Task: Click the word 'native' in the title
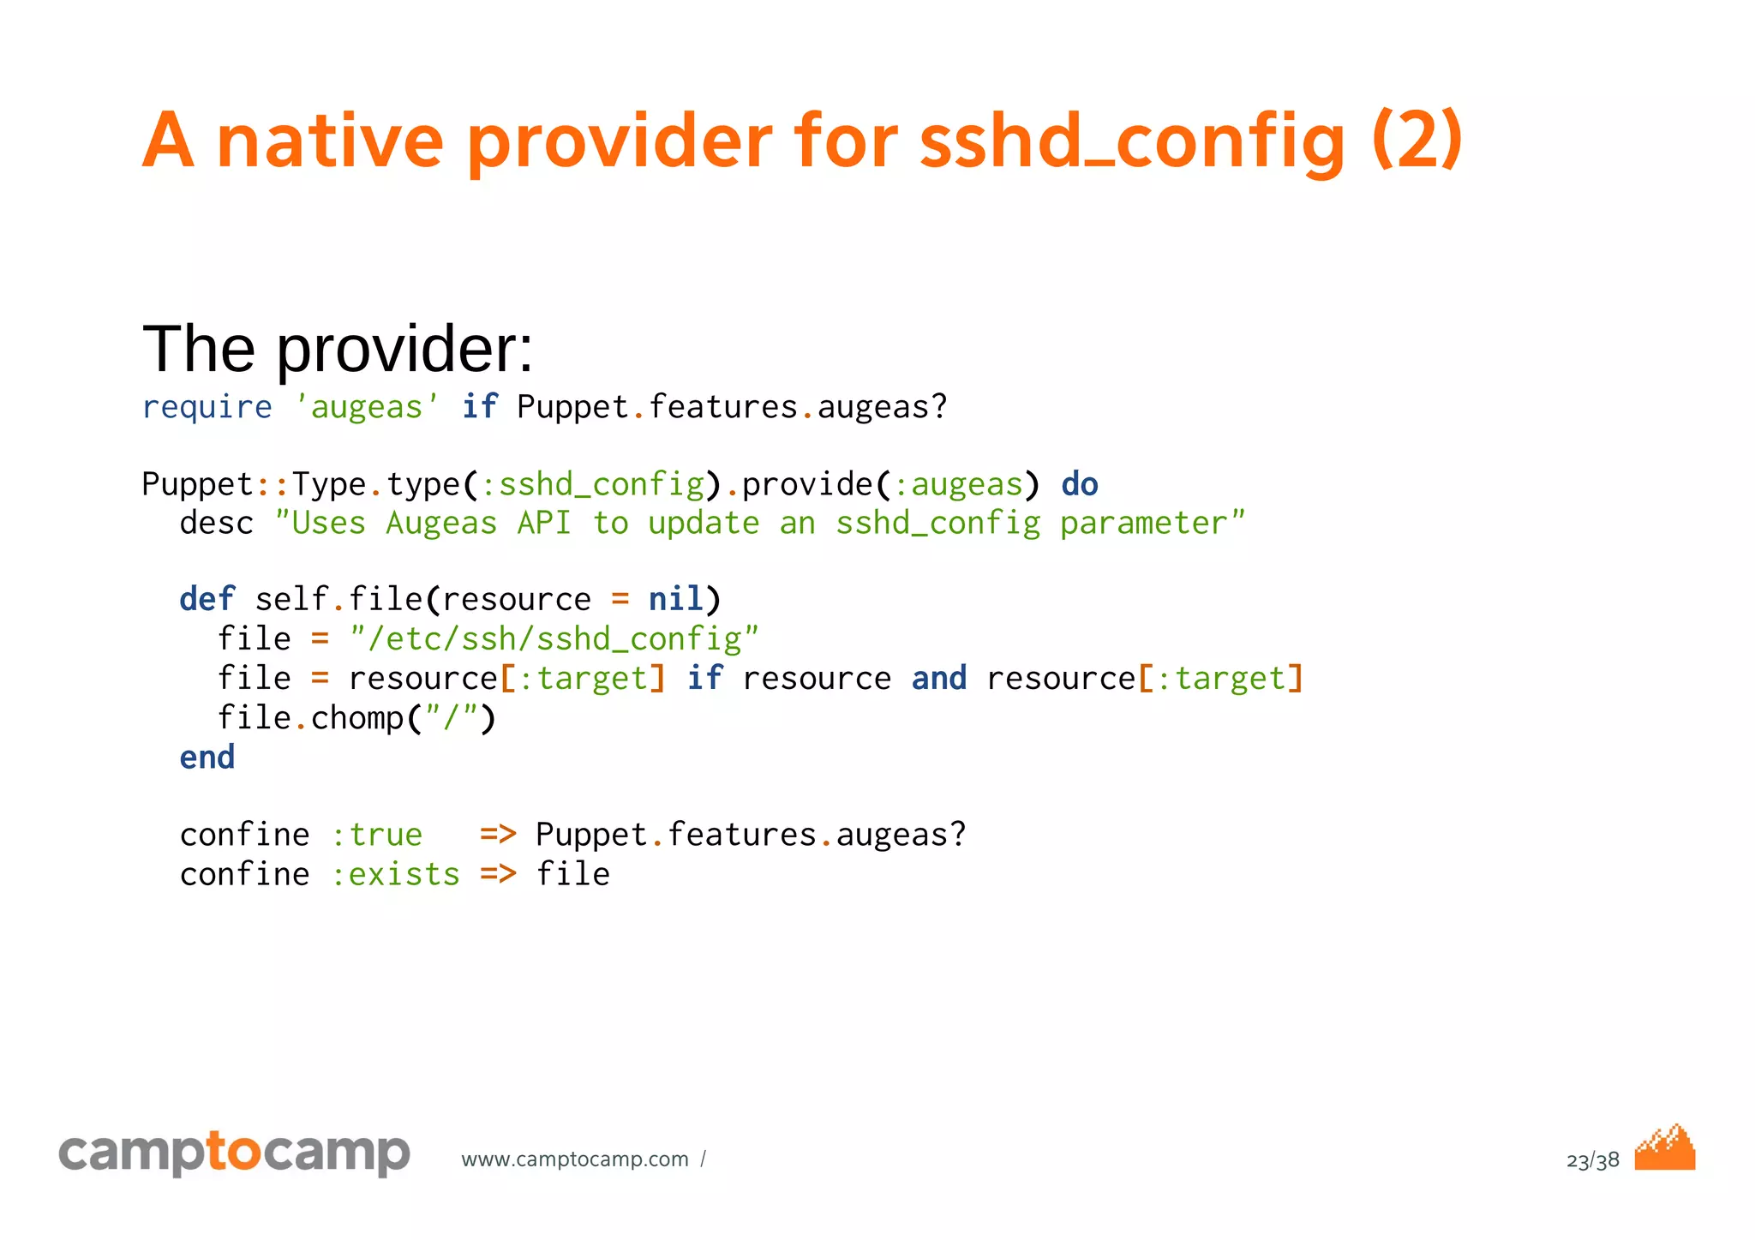[x=330, y=141]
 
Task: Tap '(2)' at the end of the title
[x=1416, y=141]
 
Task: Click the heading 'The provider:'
[x=338, y=350]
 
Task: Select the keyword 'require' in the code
[x=207, y=407]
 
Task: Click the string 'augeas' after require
[x=367, y=407]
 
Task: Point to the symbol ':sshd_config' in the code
[x=592, y=485]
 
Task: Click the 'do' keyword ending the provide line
[x=1079, y=485]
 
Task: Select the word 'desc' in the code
[x=216, y=524]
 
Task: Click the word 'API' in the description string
[x=543, y=524]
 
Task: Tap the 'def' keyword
[x=207, y=600]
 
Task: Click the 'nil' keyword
[x=675, y=600]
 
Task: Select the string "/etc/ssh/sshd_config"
[x=554, y=639]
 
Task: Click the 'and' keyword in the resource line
[x=938, y=679]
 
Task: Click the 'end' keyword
[x=207, y=758]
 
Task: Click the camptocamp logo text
[x=234, y=1153]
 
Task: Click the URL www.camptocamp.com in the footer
[x=574, y=1159]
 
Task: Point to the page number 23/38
[x=1592, y=1161]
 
